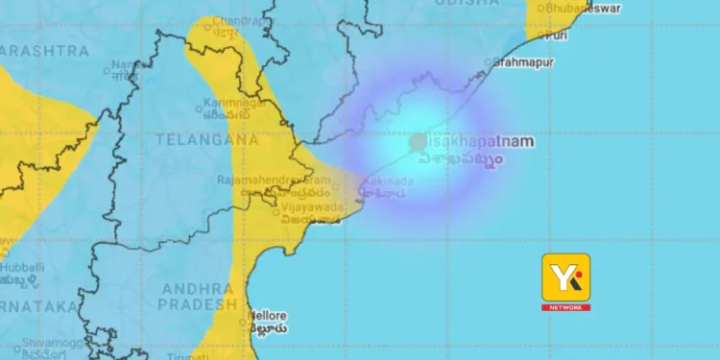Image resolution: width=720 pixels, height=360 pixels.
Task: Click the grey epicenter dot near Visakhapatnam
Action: click(x=418, y=142)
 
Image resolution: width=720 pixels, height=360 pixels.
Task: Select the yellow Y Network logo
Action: click(x=566, y=277)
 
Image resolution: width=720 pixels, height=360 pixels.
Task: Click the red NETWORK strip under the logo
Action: click(x=566, y=307)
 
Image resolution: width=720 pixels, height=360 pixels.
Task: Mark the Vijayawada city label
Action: click(x=311, y=205)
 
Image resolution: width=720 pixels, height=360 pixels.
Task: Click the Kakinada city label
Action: click(x=388, y=181)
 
